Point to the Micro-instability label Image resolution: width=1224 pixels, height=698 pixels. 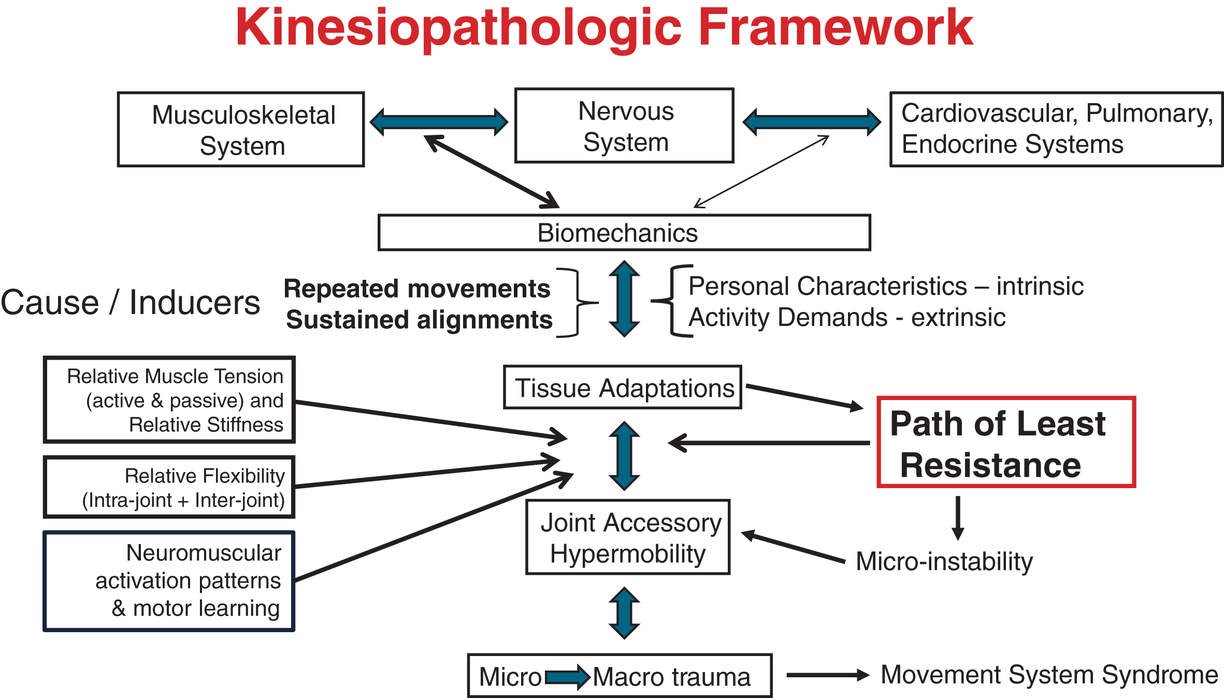click(x=944, y=562)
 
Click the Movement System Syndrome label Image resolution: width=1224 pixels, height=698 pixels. click(x=1049, y=675)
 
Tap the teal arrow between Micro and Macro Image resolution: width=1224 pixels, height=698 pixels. click(x=568, y=677)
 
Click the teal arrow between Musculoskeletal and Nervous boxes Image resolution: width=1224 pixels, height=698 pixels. click(x=439, y=122)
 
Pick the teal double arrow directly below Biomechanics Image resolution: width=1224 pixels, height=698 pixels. click(x=624, y=298)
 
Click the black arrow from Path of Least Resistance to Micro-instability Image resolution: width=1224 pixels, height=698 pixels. click(x=958, y=518)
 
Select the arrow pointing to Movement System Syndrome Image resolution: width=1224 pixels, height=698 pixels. click(x=828, y=675)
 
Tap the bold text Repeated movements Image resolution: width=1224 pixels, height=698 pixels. click(x=417, y=289)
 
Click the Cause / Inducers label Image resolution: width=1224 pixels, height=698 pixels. click(x=130, y=302)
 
